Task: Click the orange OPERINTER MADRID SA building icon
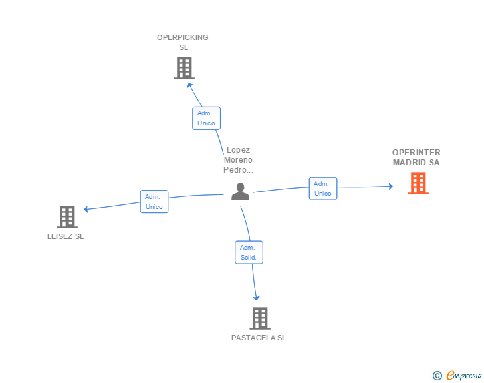pos(418,183)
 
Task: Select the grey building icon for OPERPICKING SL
pos(184,68)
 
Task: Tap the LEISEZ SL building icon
pos(67,217)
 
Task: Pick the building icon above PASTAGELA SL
pos(260,318)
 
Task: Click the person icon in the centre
pos(240,192)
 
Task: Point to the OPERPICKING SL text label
pos(183,43)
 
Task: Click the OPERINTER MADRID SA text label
pos(416,157)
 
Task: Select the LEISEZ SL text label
pos(65,236)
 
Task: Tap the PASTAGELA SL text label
pos(259,338)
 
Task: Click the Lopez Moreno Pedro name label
pos(238,160)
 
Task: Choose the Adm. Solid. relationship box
pos(249,252)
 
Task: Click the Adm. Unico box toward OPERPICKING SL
pos(206,118)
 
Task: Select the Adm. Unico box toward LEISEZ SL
pos(154,202)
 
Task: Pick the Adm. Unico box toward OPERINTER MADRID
pos(323,189)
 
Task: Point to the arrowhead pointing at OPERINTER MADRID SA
pos(391,186)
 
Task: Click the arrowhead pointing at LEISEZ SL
pos(86,209)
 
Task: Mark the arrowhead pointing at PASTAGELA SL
pos(256,298)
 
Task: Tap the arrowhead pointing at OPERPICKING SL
pos(189,85)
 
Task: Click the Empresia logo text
pos(464,376)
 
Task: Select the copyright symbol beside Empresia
pos(437,376)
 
